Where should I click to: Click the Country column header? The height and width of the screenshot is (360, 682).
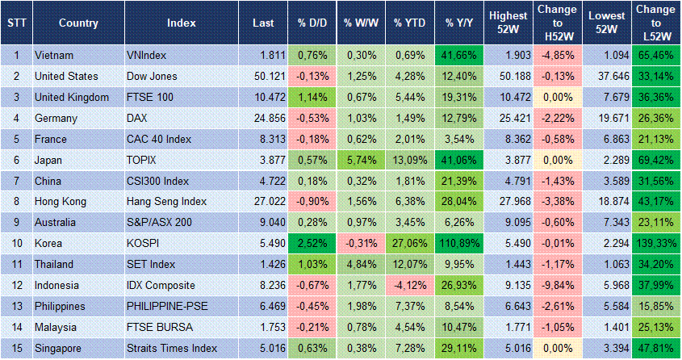(78, 23)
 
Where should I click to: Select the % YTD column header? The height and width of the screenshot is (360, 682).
(409, 23)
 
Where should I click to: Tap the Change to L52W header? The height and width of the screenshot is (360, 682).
(655, 23)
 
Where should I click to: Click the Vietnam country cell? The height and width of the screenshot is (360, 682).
(56, 56)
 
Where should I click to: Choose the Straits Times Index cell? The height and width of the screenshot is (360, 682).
(172, 349)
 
